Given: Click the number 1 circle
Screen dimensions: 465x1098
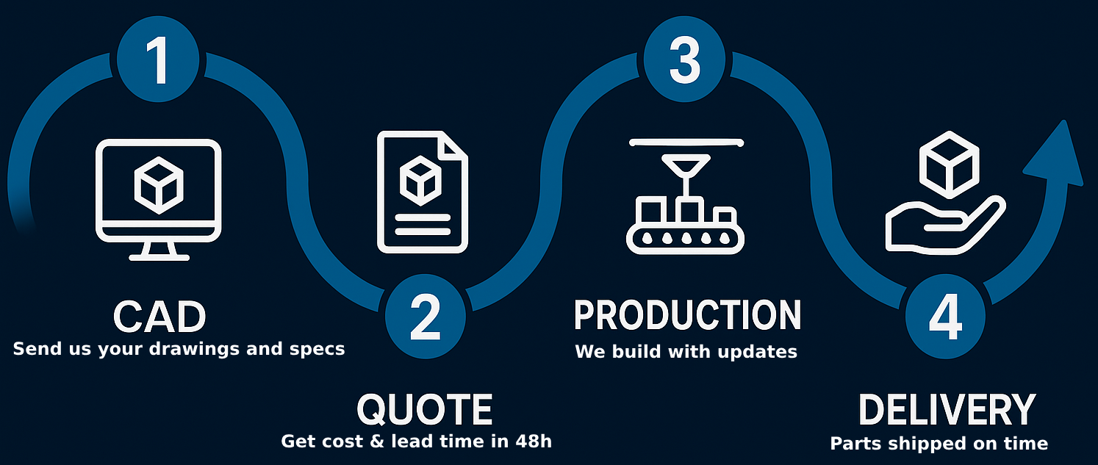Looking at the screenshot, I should pos(159,60).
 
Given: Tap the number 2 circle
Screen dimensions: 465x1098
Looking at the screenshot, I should pos(426,317).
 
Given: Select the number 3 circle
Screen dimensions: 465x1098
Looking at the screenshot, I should pos(684,60).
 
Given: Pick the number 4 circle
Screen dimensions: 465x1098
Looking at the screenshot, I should pos(944,317).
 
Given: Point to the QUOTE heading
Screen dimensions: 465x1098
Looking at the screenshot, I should pos(425,410).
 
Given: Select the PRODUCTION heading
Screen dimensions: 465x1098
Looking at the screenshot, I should pos(687,315).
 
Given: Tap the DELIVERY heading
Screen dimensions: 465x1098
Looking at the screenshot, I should pos(947,410).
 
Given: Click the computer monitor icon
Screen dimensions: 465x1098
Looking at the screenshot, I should pos(159,198).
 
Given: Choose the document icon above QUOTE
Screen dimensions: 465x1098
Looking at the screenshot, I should pos(423,192).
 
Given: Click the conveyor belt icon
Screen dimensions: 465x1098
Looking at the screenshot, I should pos(686,235).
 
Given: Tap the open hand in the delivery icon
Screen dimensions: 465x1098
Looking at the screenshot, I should pos(941,224).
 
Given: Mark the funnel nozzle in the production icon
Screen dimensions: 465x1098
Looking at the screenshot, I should pos(685,170).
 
